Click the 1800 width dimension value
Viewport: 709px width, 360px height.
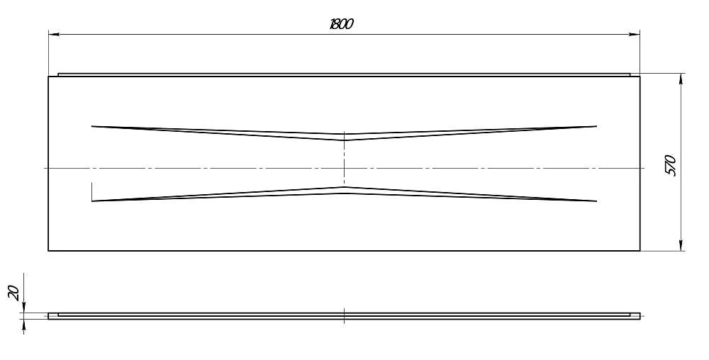tap(342, 24)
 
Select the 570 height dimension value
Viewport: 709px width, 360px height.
tap(671, 165)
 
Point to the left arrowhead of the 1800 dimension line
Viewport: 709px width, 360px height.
tap(53, 34)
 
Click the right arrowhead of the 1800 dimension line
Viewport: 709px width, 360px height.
tap(635, 34)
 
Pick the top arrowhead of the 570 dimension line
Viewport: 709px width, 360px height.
tap(681, 79)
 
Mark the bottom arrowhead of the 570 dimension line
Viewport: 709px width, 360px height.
tap(681, 245)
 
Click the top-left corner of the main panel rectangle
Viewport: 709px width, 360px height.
tap(48, 77)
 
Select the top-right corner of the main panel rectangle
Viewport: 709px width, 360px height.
tap(640, 77)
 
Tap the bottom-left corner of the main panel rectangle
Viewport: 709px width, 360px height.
tap(48, 250)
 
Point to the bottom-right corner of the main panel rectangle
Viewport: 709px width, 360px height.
tap(640, 250)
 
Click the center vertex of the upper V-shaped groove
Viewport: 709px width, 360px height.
tap(344, 140)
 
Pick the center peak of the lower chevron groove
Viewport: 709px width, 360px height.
tap(344, 187)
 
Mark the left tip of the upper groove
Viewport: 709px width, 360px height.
tap(91, 126)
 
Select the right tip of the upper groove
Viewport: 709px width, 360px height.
tap(597, 126)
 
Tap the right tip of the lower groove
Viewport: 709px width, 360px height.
tap(597, 201)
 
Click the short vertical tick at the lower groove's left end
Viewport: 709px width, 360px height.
tap(91, 192)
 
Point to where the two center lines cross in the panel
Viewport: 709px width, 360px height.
tap(344, 168)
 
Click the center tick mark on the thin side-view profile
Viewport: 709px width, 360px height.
tap(344, 316)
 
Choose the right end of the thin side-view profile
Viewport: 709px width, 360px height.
tap(640, 316)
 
